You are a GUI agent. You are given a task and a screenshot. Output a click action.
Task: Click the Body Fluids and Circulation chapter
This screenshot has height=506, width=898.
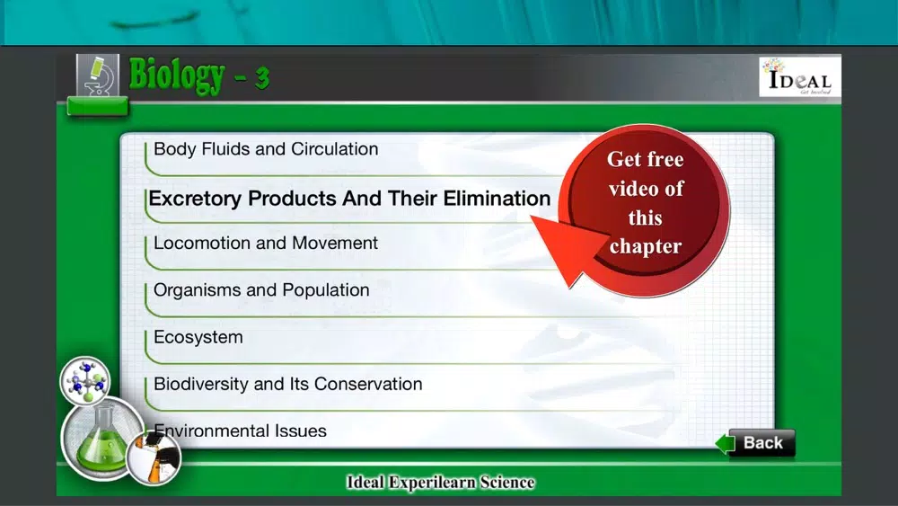266,149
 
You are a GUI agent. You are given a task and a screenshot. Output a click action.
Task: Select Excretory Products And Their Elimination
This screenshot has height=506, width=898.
349,199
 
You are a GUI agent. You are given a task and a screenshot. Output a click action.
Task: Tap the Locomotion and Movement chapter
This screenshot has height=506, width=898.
266,243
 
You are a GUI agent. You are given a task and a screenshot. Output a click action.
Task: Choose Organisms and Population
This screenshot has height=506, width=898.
261,290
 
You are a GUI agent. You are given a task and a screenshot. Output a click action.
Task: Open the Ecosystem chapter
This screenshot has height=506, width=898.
198,337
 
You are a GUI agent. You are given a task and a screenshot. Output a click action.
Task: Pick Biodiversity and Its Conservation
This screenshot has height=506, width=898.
288,384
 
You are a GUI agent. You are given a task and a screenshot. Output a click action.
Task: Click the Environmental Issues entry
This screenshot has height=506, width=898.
240,431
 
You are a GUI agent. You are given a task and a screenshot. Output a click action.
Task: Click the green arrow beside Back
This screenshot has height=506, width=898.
725,444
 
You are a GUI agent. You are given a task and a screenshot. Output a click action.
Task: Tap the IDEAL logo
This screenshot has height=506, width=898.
800,76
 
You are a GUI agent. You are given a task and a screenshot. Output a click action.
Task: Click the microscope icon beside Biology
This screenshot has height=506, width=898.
98,75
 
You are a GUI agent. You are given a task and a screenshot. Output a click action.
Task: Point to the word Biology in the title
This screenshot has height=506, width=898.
177,75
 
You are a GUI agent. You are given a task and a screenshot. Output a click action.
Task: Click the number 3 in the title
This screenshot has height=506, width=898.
262,78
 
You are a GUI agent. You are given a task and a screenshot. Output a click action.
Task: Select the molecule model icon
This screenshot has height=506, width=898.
85,380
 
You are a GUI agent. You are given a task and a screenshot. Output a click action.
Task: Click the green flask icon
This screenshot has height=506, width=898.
102,439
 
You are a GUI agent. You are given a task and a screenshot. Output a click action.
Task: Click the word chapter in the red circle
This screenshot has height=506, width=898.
646,247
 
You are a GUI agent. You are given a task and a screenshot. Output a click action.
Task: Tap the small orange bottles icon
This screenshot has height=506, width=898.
154,458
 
